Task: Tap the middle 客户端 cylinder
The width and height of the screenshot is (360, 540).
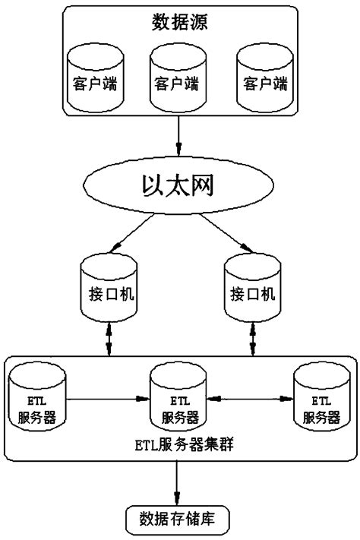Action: click(178, 77)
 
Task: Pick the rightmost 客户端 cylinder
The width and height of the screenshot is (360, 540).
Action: click(263, 77)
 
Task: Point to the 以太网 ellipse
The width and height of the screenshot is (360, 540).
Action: click(179, 185)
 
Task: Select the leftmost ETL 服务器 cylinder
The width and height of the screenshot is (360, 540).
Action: click(37, 398)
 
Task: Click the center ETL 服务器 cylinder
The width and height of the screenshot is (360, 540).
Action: click(180, 398)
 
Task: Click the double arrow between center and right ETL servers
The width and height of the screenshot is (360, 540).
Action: click(251, 397)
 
